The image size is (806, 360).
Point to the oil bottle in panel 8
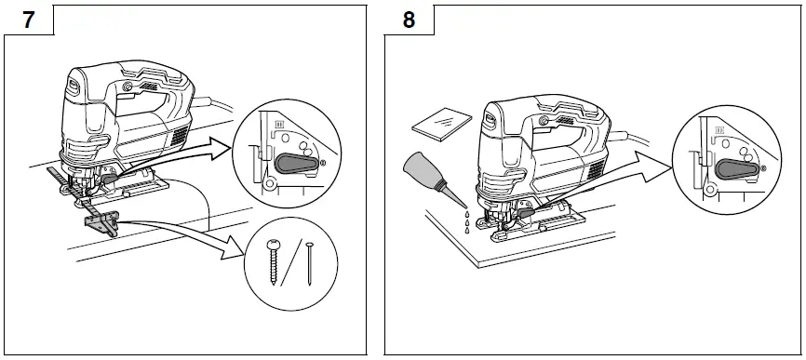pos(423,177)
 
